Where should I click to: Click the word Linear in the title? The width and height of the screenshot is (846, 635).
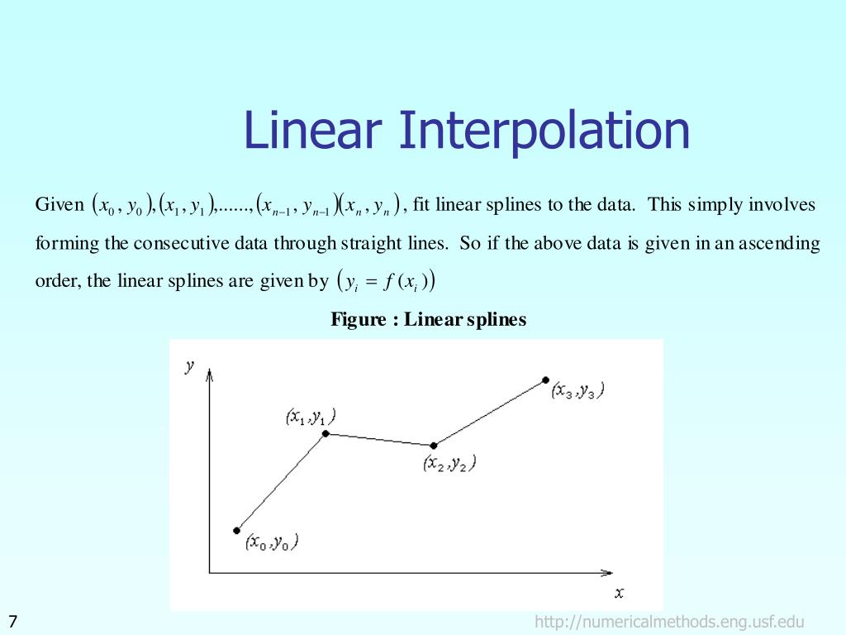point(313,131)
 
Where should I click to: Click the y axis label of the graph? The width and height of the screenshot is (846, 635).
point(190,366)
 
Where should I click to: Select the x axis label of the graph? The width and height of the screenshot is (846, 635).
point(619,592)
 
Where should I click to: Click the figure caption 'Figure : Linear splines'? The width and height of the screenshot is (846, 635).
point(428,319)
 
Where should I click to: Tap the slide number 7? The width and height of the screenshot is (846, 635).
point(13,622)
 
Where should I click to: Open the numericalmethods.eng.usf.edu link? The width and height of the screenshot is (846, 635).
point(669,622)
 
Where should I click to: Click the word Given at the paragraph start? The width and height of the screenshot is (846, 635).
point(59,204)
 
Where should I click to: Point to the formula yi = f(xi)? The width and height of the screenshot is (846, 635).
point(387,281)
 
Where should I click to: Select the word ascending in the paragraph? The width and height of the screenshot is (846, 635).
point(779,244)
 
